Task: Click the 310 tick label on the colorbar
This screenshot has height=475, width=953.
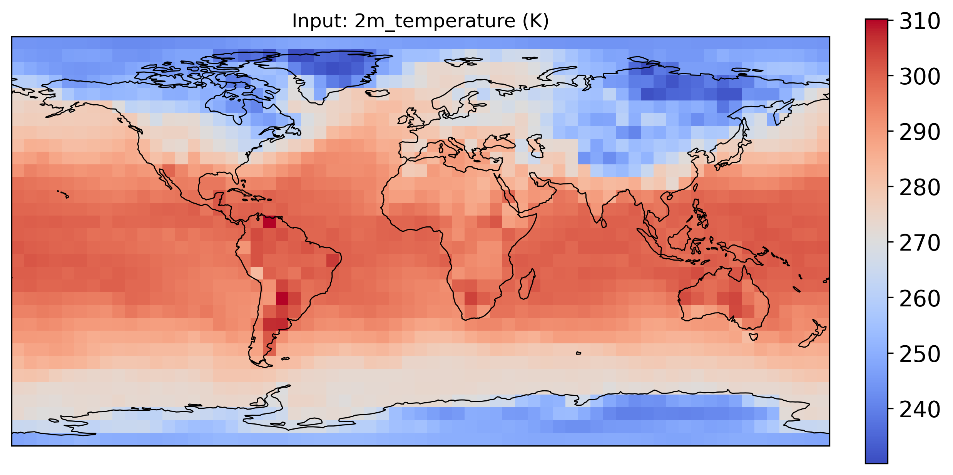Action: [x=920, y=22]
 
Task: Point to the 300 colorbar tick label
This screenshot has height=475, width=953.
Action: [x=920, y=77]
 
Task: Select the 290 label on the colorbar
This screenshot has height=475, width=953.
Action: [x=920, y=132]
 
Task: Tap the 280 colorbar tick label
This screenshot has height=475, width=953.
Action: [x=920, y=188]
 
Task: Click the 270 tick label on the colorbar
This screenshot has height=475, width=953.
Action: [x=920, y=243]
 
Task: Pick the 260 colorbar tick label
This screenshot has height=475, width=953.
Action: [x=920, y=299]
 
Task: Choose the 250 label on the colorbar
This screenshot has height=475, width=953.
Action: [x=920, y=354]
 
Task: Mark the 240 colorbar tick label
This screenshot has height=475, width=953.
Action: [x=920, y=410]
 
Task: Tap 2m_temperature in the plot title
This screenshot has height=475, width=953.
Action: [x=435, y=21]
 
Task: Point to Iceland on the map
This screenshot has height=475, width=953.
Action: [x=378, y=93]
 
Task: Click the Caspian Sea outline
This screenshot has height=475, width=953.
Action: [x=537, y=146]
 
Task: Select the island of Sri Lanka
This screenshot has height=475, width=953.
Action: [x=604, y=223]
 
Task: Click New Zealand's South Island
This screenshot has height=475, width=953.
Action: [x=808, y=340]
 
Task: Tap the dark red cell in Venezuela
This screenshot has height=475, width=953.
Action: [x=269, y=222]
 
